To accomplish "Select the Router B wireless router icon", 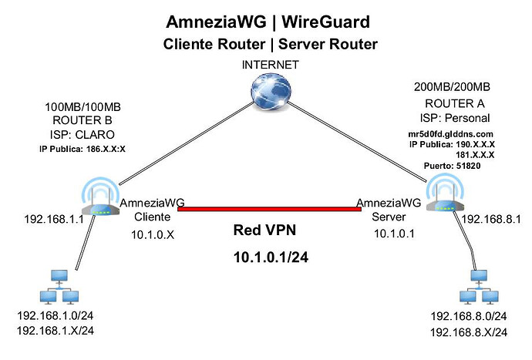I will click(101, 199).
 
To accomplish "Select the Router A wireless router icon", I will click(441, 199).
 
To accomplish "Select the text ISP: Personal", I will click(460, 117).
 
